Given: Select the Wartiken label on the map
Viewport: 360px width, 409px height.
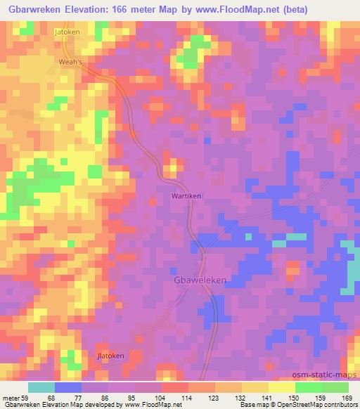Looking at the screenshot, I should click(x=186, y=197).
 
